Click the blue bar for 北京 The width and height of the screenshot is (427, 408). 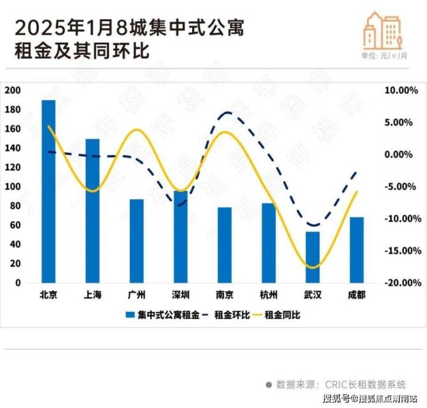point(48,191)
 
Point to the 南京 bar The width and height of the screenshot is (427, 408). point(224,245)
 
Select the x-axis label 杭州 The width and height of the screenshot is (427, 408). point(268,295)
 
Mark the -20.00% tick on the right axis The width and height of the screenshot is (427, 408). point(398,283)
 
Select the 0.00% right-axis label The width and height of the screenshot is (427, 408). point(400,154)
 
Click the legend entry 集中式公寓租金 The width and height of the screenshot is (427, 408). point(164,315)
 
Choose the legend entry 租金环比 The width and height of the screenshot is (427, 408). point(230,315)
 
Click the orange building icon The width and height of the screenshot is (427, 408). point(381,31)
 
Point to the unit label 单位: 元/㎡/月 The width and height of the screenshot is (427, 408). point(384,56)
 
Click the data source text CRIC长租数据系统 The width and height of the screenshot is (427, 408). point(365,384)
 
